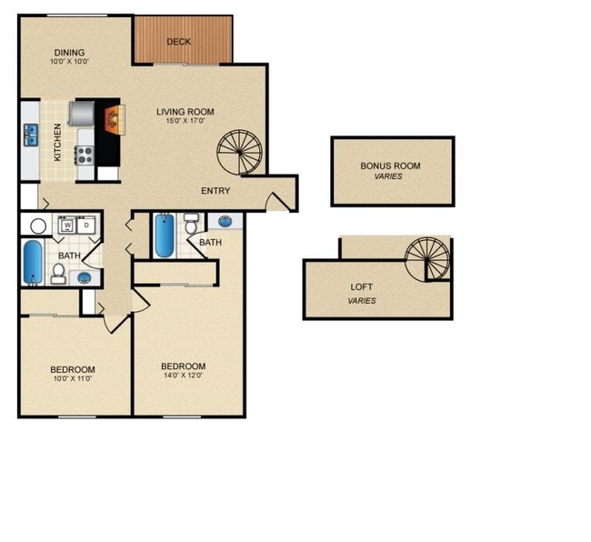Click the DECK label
[x=178, y=42]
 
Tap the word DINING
[x=69, y=52]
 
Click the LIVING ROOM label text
[x=185, y=112]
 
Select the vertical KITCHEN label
[x=57, y=142]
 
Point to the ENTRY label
[x=215, y=191]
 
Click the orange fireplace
[x=114, y=119]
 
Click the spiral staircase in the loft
[x=427, y=259]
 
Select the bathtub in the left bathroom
[x=31, y=263]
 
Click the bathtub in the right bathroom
[x=165, y=235]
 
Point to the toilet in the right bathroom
[x=192, y=224]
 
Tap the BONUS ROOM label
[x=390, y=166]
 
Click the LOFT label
[x=362, y=287]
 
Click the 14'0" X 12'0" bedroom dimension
[x=184, y=375]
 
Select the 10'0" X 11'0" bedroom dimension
[x=73, y=378]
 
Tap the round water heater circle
[x=38, y=226]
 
